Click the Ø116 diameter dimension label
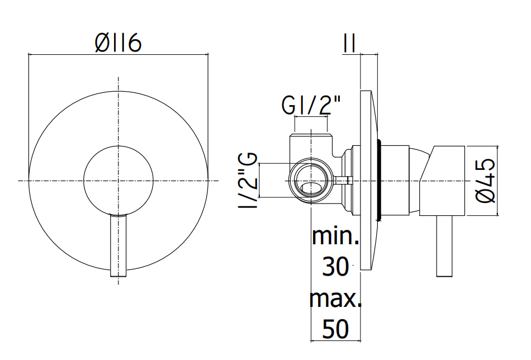(118, 44)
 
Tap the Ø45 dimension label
(486, 181)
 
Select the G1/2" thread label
(311, 105)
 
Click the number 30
(335, 267)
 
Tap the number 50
(335, 329)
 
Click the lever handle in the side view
(444, 246)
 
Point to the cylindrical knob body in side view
(442, 181)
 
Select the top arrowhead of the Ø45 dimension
(497, 148)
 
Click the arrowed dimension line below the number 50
(335, 340)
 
